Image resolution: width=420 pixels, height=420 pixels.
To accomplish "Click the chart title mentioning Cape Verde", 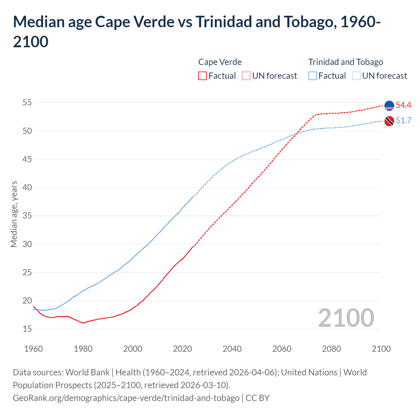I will point(197,31).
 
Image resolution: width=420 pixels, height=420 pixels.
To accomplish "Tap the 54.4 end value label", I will point(403,105).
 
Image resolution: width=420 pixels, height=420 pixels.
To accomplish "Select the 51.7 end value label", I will point(403,121).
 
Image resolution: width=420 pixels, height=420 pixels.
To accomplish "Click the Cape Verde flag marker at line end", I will point(389,106).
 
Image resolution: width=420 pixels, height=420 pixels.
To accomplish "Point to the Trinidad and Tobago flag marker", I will point(389,121).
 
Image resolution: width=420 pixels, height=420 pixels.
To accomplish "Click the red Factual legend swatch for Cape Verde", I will point(202,76).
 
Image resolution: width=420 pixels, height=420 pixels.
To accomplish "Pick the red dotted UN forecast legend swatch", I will point(246,76).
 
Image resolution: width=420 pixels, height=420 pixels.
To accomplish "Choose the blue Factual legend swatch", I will point(313,76).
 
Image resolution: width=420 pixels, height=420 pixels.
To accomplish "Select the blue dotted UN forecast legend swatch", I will point(356,76).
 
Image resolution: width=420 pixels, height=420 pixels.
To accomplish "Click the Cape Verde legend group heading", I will point(220,62).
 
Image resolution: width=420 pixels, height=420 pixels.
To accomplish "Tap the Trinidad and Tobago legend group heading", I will point(346,62).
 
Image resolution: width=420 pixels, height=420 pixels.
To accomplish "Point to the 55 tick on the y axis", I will point(27,103).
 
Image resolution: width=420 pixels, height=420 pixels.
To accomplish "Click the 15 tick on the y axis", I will point(27,329).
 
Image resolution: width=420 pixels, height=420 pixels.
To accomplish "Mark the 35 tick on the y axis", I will point(27,216).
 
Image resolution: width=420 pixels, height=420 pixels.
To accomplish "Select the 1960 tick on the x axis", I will point(33,349).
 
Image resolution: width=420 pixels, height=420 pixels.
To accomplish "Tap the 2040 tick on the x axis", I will point(232,349).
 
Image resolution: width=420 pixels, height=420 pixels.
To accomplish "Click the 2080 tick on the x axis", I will point(331,349).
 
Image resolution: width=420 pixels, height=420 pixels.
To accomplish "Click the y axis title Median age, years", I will point(14,214).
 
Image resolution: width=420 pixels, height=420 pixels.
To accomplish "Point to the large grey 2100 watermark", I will point(346,318).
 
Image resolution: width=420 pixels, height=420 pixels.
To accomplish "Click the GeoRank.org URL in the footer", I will point(126,398).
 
